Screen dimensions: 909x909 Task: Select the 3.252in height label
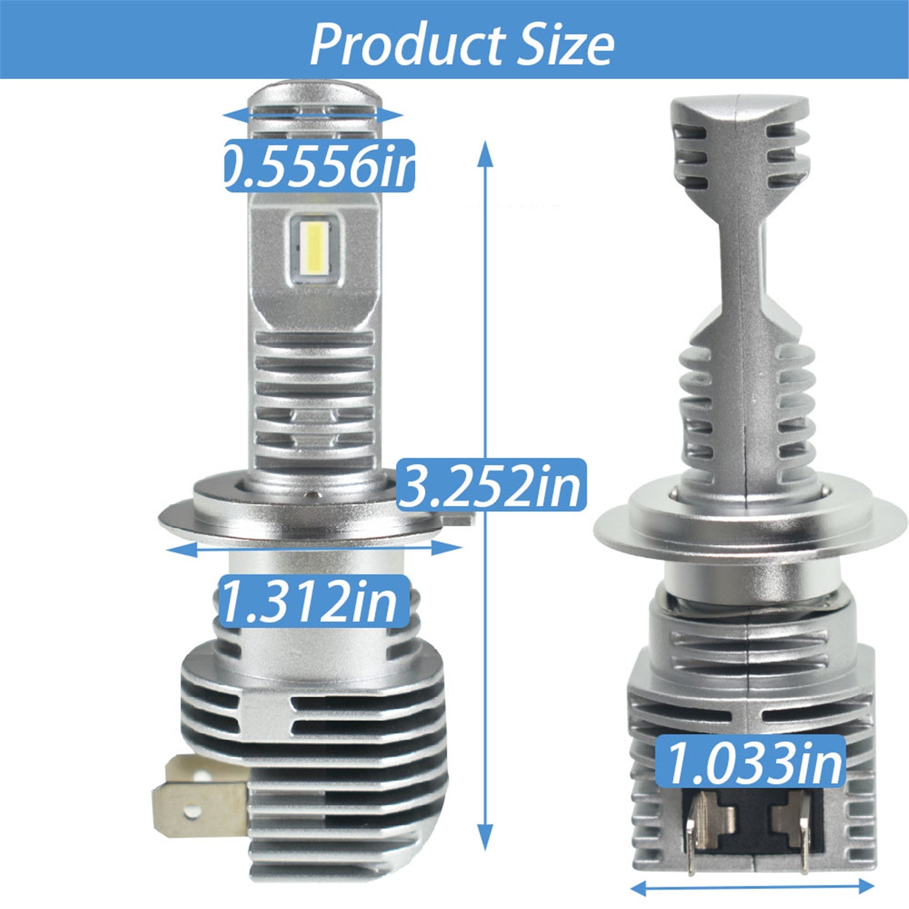[492, 485]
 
